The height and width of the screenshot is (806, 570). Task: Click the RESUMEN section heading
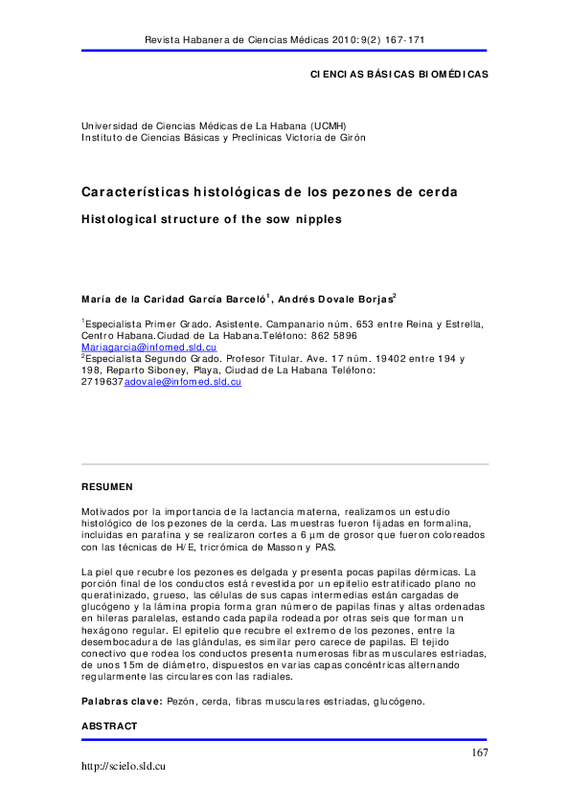106,486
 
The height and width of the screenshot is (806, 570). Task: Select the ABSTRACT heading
109,727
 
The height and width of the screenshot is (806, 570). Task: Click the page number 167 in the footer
479,753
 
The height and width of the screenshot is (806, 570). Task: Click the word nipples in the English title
313,218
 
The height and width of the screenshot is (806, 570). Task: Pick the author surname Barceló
242,299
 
